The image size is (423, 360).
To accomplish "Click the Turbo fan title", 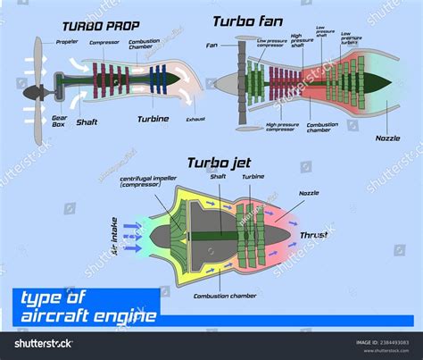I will click(x=249, y=20).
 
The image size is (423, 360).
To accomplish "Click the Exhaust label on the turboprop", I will click(x=195, y=119).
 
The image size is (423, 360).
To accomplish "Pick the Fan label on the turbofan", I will click(x=212, y=45).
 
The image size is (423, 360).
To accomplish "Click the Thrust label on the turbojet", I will click(x=314, y=236).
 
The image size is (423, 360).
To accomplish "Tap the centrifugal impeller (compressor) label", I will click(x=147, y=183).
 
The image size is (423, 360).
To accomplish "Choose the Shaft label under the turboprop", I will click(x=87, y=122).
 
